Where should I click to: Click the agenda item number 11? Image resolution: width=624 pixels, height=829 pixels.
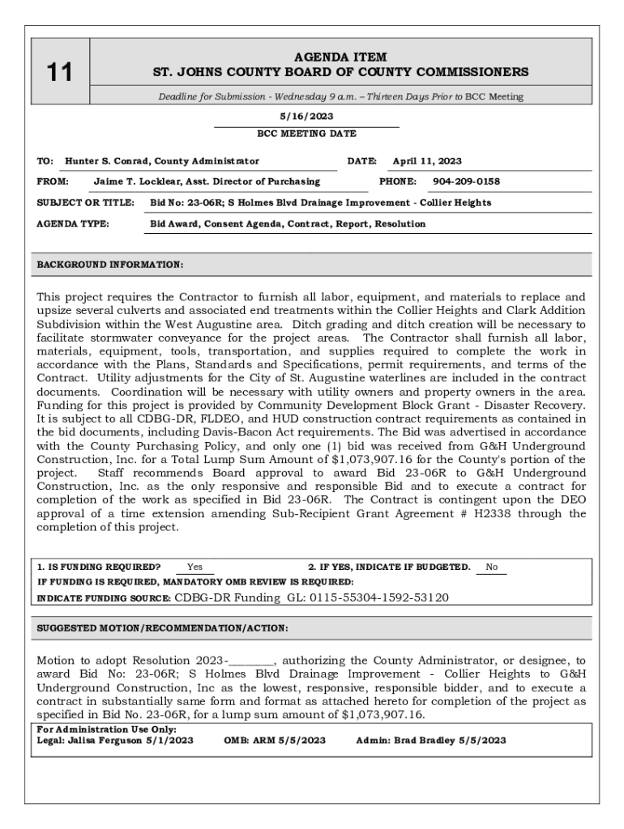59,73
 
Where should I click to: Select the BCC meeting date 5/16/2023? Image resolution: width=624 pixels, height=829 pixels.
306,117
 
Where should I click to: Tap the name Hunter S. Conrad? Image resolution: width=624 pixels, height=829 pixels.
108,161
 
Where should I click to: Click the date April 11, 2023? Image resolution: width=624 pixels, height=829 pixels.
427,161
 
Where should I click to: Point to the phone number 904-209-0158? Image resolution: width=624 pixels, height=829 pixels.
466,182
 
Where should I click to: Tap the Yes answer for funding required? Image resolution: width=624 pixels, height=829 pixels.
194,568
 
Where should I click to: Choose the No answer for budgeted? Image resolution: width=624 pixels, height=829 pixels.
492,568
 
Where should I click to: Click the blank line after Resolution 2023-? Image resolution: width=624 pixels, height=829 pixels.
252,661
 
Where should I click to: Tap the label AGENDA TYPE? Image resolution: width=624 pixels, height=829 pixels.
73,223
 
